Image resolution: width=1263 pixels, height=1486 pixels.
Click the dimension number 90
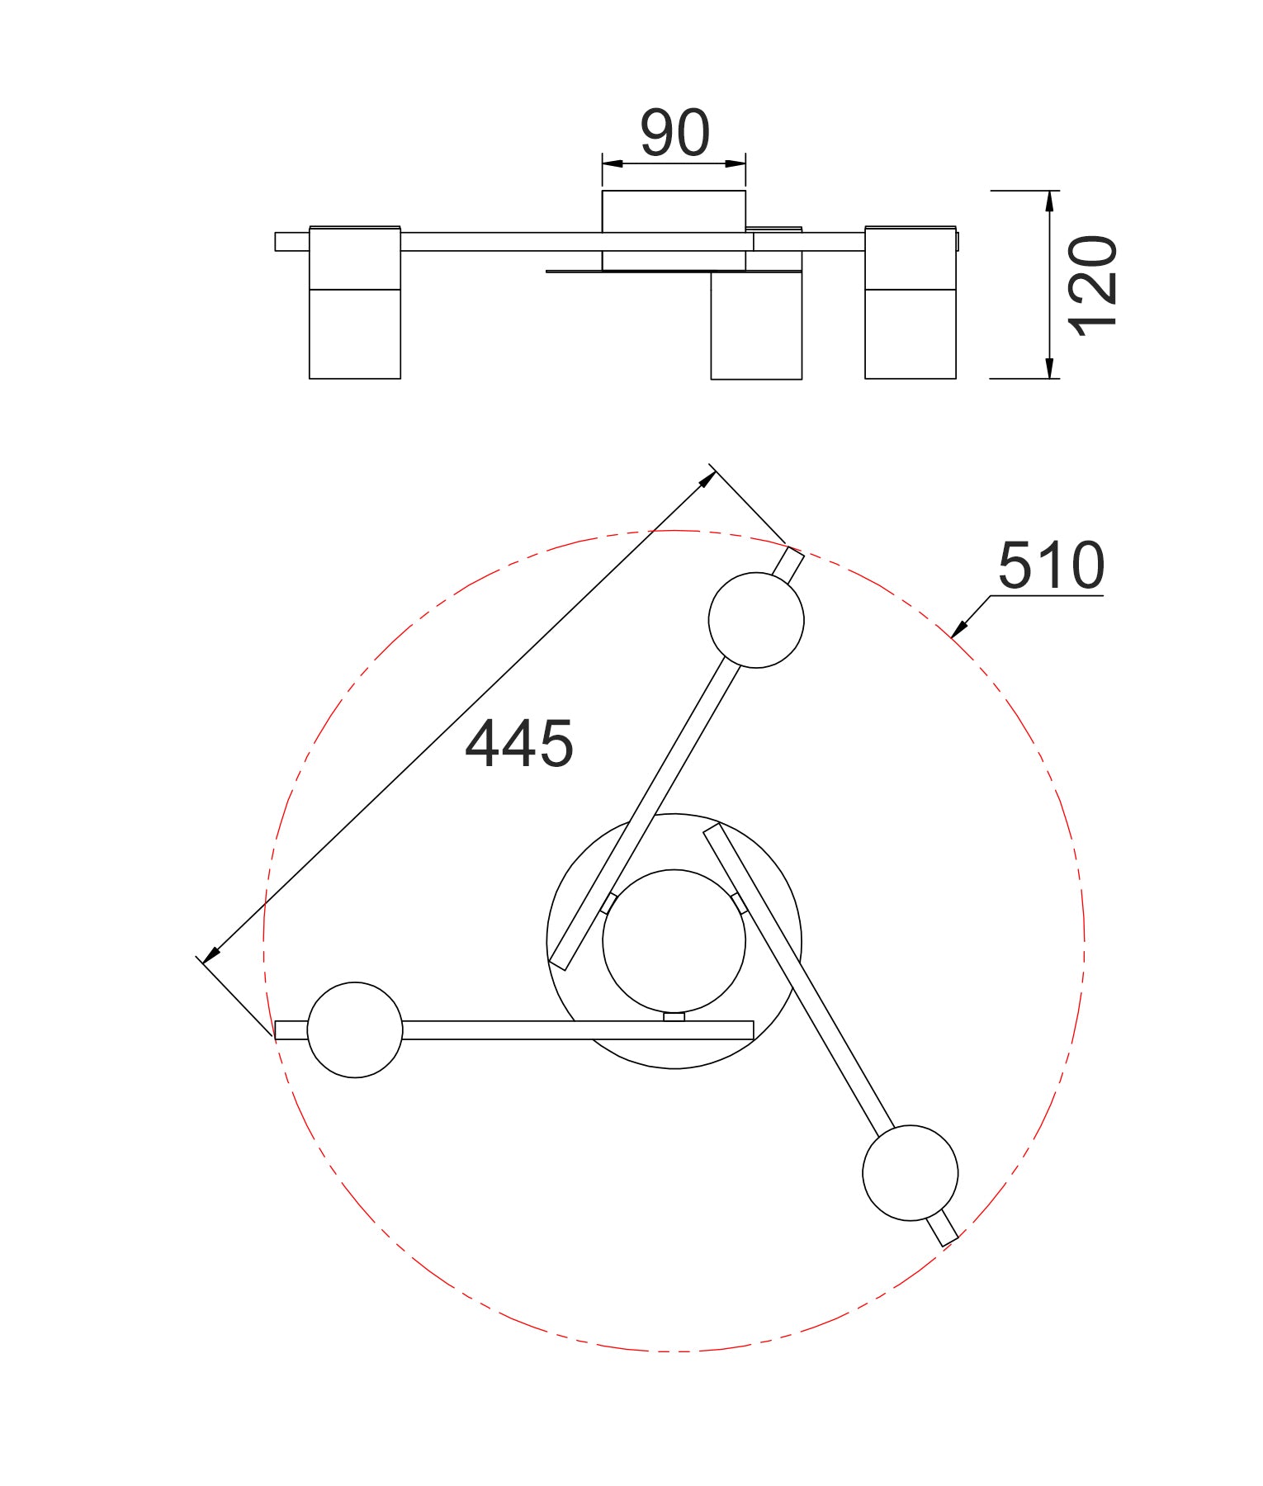[x=674, y=133]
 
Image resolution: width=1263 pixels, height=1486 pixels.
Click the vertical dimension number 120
[x=1093, y=285]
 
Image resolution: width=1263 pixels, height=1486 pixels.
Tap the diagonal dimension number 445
[x=518, y=744]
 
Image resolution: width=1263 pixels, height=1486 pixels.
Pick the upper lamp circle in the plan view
[x=756, y=620]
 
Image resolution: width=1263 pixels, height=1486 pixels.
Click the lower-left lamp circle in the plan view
[x=355, y=1029]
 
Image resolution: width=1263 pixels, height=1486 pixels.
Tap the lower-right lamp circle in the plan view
[x=910, y=1172]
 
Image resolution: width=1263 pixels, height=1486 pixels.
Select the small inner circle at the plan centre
[x=674, y=941]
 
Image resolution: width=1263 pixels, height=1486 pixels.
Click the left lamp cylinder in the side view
[x=355, y=330]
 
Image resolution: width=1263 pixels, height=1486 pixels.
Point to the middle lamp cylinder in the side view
[x=756, y=330]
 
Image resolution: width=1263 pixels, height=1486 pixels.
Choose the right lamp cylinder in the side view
[x=911, y=330]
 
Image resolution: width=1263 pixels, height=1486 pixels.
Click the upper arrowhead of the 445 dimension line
[x=707, y=477]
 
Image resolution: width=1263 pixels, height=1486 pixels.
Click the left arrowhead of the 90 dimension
[x=610, y=163]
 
